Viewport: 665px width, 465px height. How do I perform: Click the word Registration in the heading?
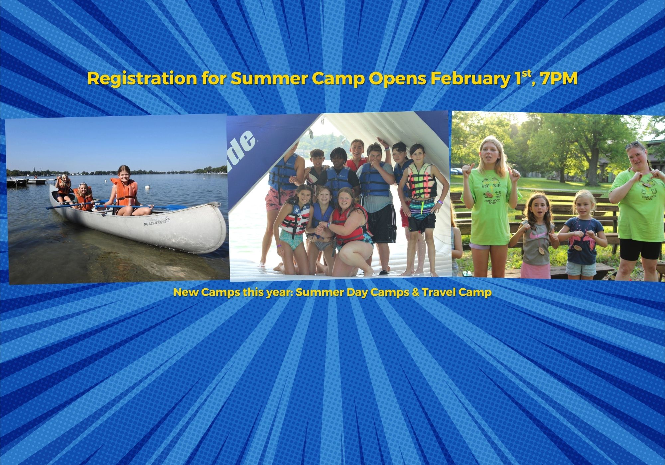click(141, 79)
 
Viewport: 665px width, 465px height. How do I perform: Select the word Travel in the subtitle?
click(439, 293)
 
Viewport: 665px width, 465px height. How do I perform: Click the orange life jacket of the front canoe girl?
click(125, 192)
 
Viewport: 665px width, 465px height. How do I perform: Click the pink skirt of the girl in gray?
click(535, 270)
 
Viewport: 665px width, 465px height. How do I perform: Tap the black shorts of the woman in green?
click(640, 249)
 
